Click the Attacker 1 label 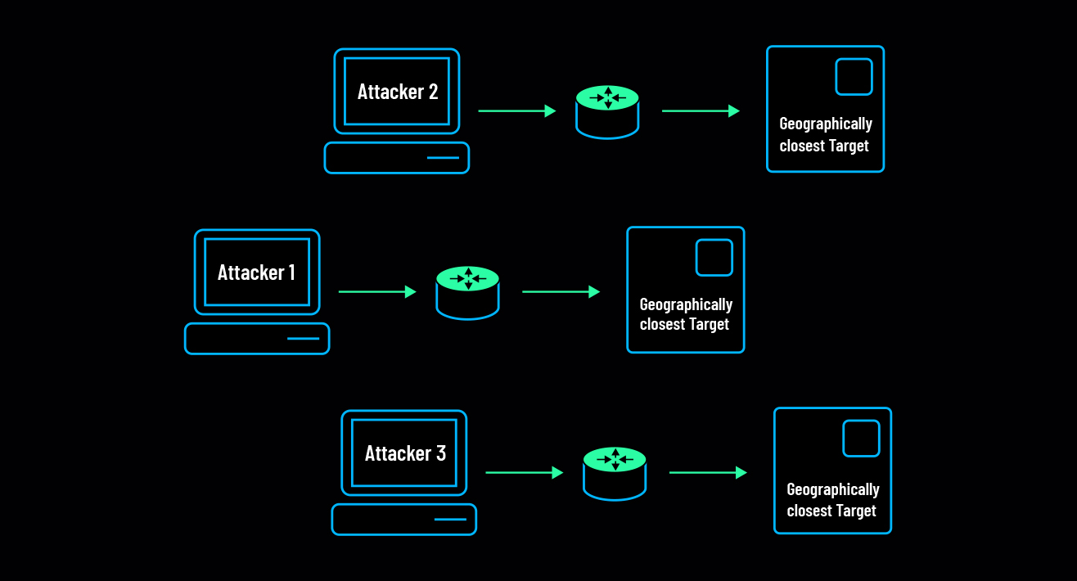click(x=256, y=272)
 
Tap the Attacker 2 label click(x=397, y=92)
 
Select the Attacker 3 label click(x=405, y=453)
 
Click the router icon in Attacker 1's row click(x=467, y=291)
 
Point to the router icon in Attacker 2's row click(x=607, y=110)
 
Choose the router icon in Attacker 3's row click(x=615, y=472)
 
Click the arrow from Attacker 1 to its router click(x=377, y=291)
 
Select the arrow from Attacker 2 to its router click(x=517, y=110)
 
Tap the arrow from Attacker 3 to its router click(x=525, y=472)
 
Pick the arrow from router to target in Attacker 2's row click(x=701, y=110)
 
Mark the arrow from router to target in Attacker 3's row click(x=708, y=472)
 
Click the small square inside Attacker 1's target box click(x=714, y=257)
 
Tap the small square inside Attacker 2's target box click(x=854, y=76)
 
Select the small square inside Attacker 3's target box click(x=861, y=438)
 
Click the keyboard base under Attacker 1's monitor click(x=257, y=338)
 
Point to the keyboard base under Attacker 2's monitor click(x=397, y=157)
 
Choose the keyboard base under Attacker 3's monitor click(x=404, y=519)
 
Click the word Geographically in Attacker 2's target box click(x=826, y=124)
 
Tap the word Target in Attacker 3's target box click(x=854, y=511)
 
